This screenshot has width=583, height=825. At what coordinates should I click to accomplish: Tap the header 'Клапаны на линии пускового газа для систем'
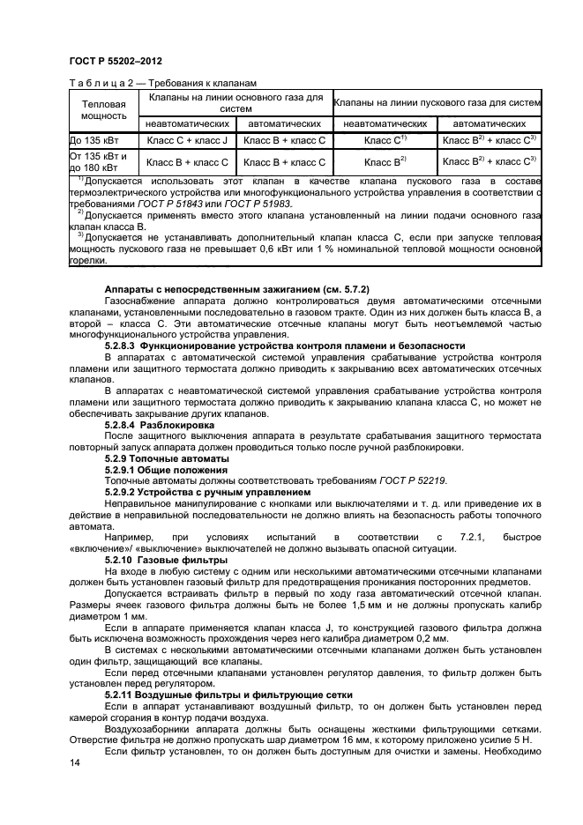point(437,101)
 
